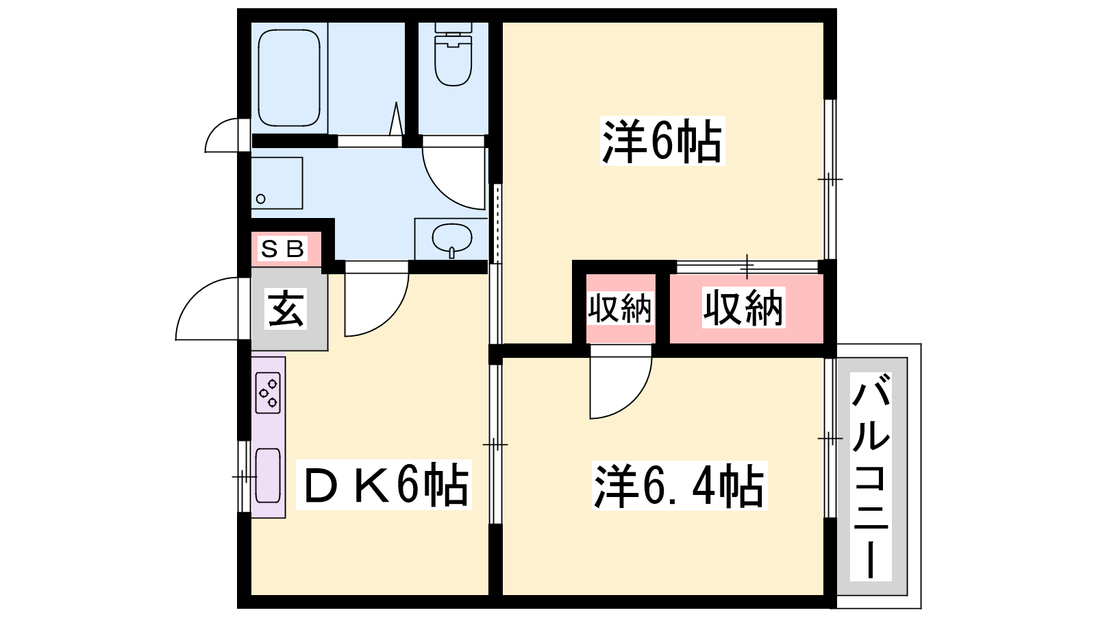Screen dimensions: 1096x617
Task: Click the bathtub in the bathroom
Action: coord(288,78)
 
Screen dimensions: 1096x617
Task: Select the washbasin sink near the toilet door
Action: coord(451,239)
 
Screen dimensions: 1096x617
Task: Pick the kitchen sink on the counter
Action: coord(268,476)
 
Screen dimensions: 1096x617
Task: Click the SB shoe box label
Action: coord(283,249)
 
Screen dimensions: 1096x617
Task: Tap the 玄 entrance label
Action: coord(286,308)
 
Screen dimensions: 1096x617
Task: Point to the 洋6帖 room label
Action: coord(662,141)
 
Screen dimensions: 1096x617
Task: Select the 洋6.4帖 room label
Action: coord(679,485)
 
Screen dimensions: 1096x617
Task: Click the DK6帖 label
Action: coord(384,484)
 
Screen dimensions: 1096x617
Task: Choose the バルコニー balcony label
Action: coord(871,476)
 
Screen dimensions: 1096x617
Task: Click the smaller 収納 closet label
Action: coord(620,308)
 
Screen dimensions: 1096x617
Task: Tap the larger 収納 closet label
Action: coord(744,308)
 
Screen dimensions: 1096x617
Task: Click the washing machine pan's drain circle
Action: coord(261,199)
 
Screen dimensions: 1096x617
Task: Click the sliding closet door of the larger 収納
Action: coord(747,267)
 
